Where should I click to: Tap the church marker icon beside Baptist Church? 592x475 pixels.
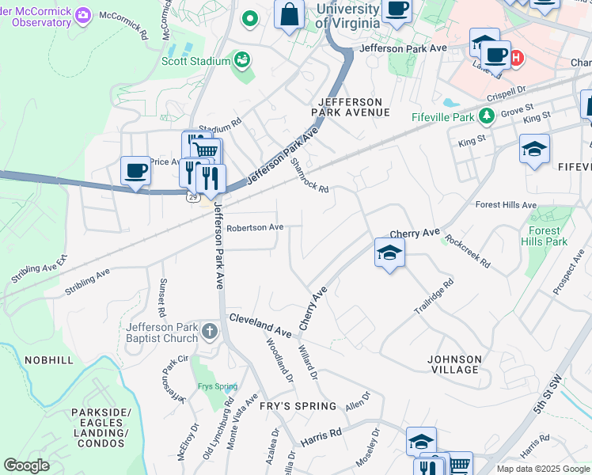(210, 330)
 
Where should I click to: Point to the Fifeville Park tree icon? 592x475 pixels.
(488, 117)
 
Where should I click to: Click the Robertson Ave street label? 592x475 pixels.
(255, 227)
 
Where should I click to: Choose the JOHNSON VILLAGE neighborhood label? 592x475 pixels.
(453, 364)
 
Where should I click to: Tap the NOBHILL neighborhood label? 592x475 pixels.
(49, 360)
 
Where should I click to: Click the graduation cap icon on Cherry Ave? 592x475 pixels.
(389, 253)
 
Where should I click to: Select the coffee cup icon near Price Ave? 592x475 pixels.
(135, 170)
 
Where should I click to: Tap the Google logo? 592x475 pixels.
(26, 465)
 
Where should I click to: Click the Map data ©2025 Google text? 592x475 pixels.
(542, 469)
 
